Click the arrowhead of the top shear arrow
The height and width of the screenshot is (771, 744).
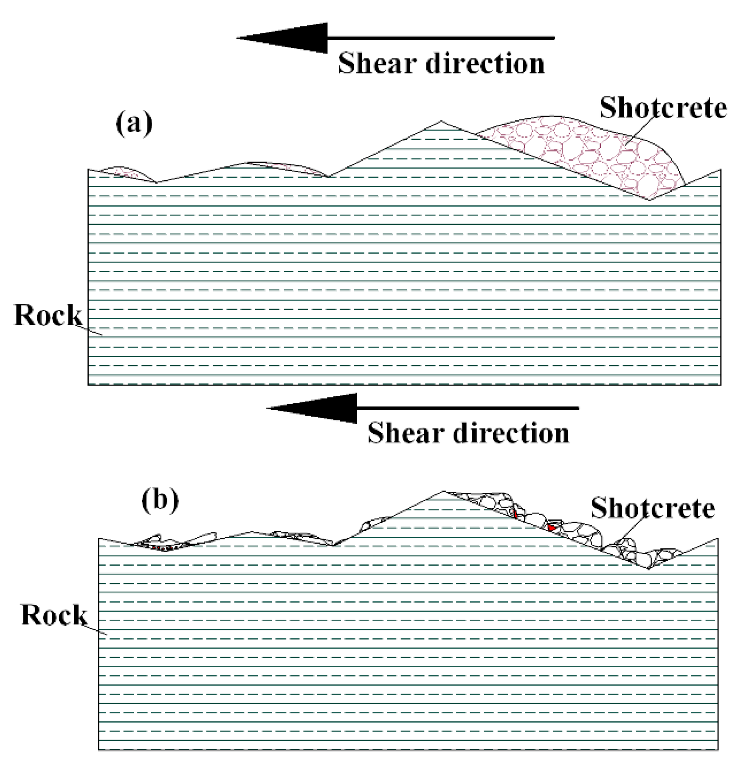click(x=289, y=38)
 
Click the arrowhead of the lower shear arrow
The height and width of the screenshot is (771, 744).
click(x=318, y=408)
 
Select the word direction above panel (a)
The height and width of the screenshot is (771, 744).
click(x=485, y=63)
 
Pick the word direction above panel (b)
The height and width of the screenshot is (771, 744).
click(x=511, y=433)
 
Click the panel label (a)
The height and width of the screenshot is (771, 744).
click(x=134, y=123)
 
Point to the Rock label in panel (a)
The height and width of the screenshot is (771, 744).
click(x=48, y=315)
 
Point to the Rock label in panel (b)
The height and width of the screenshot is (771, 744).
click(x=54, y=615)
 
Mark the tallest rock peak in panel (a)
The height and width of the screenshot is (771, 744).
click(x=441, y=122)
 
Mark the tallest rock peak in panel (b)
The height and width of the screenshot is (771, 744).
click(x=444, y=492)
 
